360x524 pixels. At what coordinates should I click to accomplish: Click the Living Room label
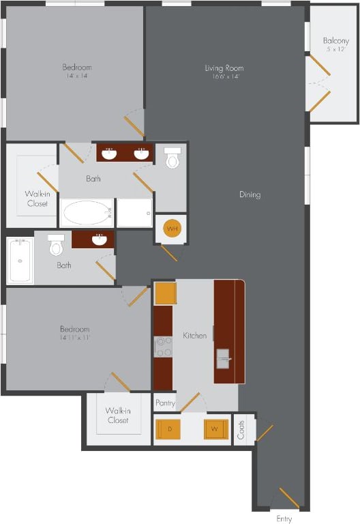pos(224,68)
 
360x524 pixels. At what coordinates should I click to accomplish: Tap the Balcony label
pos(335,41)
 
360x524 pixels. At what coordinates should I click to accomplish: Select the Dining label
pos(250,194)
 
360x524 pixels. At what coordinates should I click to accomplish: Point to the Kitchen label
pos(194,336)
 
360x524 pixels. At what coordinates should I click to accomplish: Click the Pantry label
pos(165,403)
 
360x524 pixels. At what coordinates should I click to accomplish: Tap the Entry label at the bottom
pos(284,519)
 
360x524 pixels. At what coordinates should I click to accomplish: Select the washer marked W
pos(215,429)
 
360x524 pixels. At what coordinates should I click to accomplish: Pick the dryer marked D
pos(168,429)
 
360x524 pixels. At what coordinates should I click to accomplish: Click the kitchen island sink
pos(224,358)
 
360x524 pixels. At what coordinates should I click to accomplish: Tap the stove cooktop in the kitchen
pos(164,347)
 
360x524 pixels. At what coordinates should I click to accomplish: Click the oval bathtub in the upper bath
pos(87,214)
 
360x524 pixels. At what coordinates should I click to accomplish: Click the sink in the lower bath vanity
pos(100,239)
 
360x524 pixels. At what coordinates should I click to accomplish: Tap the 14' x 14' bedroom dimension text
pos(76,76)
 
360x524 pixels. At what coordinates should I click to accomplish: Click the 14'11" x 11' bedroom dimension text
pos(75,338)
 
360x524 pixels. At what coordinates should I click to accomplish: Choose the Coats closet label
pos(241,430)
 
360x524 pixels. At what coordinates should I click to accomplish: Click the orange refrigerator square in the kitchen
pos(165,293)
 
